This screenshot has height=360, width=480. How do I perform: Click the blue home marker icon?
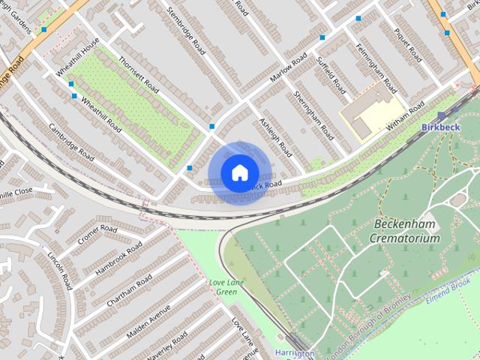tap(238, 172)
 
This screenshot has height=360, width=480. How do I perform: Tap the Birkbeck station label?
tap(440, 127)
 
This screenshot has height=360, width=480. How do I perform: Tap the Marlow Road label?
tap(289, 69)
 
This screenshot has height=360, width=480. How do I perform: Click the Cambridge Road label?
tap(71, 141)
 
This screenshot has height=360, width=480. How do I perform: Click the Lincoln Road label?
tap(58, 270)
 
